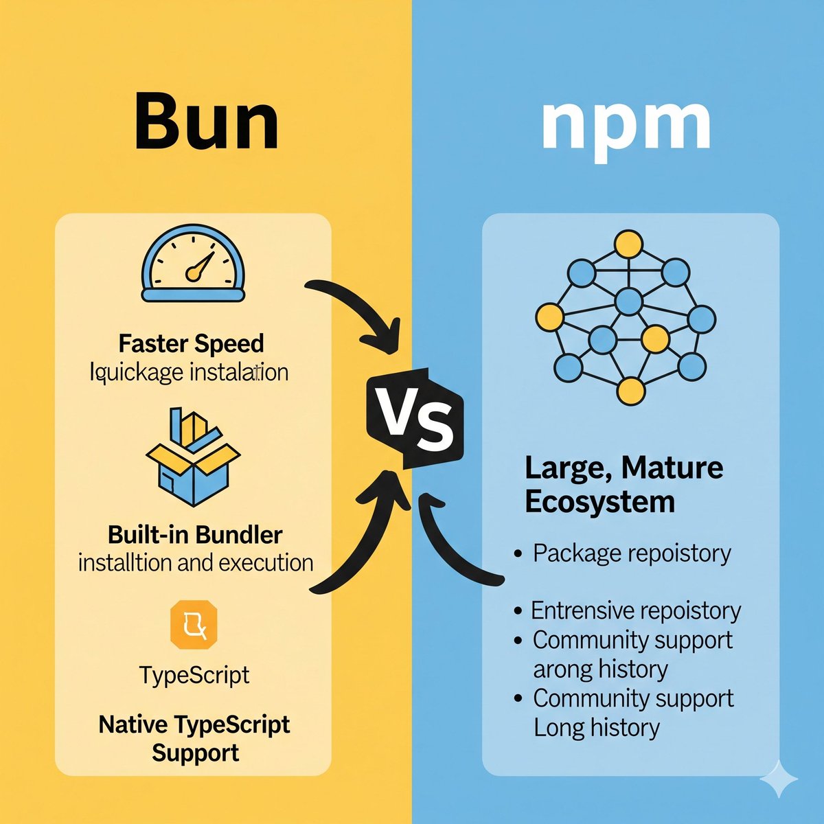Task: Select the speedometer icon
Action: (x=193, y=268)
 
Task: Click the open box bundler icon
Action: (x=193, y=458)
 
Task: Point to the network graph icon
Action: (x=626, y=317)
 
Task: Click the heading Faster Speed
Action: (x=191, y=343)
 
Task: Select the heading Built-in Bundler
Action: (x=195, y=534)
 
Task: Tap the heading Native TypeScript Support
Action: (x=194, y=738)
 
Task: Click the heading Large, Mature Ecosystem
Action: (x=623, y=485)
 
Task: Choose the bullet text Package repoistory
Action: (x=632, y=553)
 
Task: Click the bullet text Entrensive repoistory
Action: (x=636, y=610)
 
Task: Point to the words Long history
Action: (x=597, y=727)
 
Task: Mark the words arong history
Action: (x=600, y=669)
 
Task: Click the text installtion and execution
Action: (x=196, y=563)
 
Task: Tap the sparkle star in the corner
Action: (x=779, y=779)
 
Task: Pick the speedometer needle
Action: (x=198, y=266)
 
